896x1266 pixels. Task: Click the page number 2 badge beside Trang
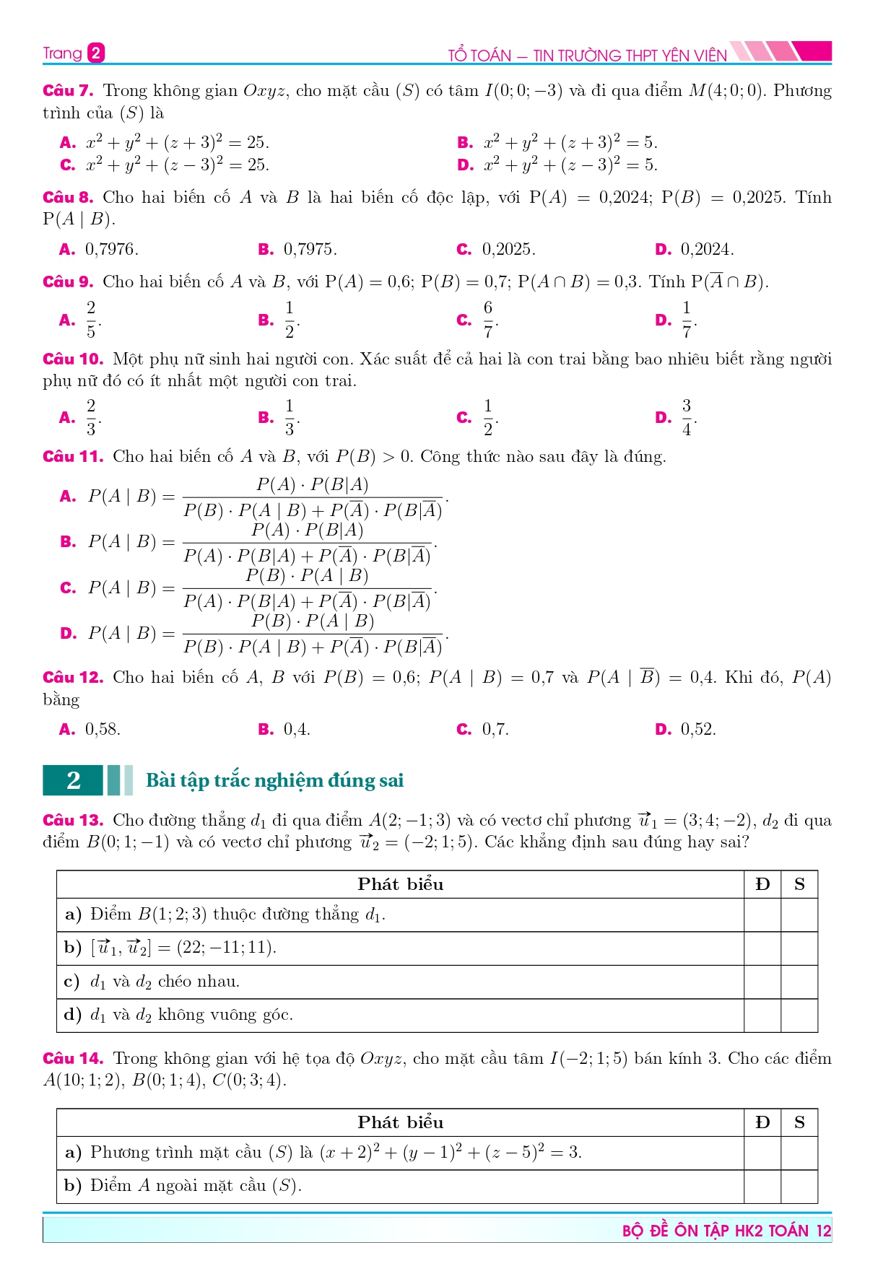96,53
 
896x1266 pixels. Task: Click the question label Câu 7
68,91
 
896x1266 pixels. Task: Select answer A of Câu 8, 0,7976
111,250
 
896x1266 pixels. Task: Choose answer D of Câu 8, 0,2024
706,250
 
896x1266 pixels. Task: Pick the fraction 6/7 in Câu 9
488,320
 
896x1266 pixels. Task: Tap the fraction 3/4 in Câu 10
687,417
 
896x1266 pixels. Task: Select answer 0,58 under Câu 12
103,730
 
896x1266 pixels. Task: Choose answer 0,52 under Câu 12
697,730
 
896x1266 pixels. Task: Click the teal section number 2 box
74,780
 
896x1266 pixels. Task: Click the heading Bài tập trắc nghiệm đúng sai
274,780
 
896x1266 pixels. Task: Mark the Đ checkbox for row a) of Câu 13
762,915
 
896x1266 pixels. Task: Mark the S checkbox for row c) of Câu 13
799,982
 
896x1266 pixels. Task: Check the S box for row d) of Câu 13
799,1016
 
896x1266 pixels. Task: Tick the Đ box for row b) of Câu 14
762,1187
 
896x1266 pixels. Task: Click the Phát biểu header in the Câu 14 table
400,1122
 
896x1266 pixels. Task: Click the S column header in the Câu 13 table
799,884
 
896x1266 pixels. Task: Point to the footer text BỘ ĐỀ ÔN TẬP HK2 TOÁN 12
726,1231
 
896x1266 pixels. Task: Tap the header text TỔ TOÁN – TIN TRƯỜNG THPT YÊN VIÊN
587,56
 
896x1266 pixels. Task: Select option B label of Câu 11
68,542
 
